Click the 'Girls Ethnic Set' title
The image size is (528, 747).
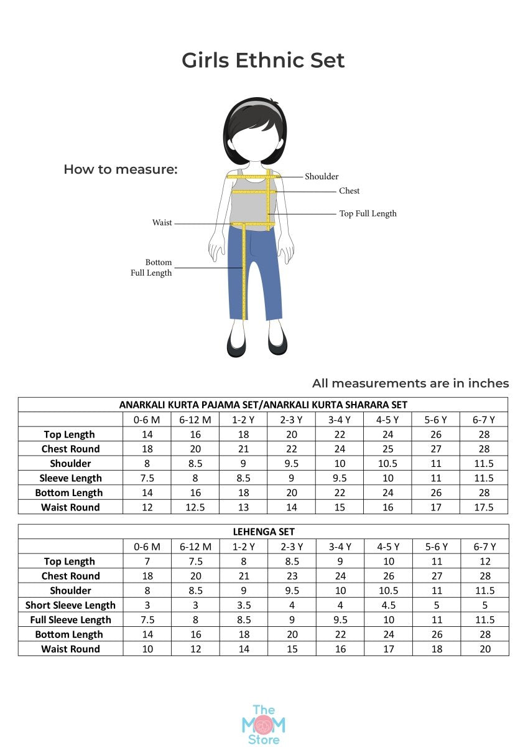263,60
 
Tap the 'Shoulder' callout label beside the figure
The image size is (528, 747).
322,177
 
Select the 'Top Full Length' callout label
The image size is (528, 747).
368,214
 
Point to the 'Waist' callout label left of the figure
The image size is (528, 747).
162,223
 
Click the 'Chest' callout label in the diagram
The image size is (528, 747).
350,191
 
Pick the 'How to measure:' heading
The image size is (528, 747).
121,169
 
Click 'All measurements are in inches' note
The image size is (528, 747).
410,383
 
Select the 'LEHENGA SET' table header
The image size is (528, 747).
263,532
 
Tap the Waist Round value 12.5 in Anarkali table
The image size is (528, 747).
195,507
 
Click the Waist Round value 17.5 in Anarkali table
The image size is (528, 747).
484,507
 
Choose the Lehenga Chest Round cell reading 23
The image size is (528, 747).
292,576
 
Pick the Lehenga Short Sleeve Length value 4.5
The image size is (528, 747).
388,605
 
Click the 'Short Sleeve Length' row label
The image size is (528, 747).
70,605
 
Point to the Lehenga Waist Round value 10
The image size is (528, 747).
147,649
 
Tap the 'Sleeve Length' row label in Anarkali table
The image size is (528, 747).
70,478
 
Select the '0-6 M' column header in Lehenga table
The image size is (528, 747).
147,547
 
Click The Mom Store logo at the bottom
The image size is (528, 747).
263,724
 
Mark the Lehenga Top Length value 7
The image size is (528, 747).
147,561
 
